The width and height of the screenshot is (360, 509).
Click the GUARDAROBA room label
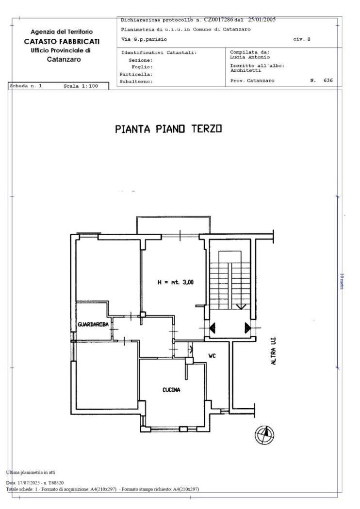(x=93, y=324)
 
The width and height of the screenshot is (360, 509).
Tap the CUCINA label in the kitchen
(x=171, y=390)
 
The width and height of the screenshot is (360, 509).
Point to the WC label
(x=212, y=356)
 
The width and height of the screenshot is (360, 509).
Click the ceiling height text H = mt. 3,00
(x=176, y=283)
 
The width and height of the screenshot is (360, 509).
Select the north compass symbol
(x=264, y=435)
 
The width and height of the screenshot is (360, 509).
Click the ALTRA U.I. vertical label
(x=274, y=350)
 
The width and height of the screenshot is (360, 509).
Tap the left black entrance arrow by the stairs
(x=213, y=328)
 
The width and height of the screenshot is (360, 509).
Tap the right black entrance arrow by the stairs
(x=248, y=328)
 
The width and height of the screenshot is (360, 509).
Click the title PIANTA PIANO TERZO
(x=169, y=129)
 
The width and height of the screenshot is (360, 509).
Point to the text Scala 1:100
(x=81, y=86)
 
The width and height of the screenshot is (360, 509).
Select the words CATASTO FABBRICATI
(x=62, y=42)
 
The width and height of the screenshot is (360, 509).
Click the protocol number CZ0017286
(x=219, y=20)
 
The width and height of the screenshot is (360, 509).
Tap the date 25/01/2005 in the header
(x=262, y=19)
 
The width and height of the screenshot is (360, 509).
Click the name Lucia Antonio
(x=250, y=57)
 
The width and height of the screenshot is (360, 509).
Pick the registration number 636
(x=328, y=80)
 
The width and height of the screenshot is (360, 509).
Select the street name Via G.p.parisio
(x=144, y=39)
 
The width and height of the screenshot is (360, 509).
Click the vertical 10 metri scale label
(x=342, y=282)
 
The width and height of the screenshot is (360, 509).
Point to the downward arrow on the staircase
(x=241, y=306)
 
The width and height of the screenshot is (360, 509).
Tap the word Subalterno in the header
(x=135, y=81)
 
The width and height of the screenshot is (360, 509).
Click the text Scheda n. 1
(x=26, y=86)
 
